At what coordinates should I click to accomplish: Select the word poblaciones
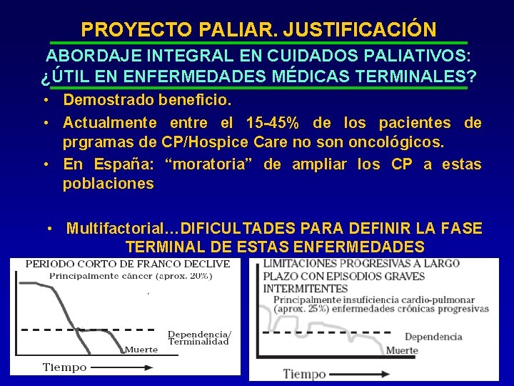(x=108, y=184)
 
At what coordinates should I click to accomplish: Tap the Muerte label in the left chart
(x=141, y=350)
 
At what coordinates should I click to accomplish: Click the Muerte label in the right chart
(x=402, y=350)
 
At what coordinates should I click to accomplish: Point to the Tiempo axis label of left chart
(x=64, y=367)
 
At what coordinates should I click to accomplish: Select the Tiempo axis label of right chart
(x=305, y=373)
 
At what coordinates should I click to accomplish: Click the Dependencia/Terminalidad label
(x=199, y=337)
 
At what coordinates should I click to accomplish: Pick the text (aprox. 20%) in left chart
(x=184, y=275)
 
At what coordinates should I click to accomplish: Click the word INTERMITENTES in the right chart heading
(x=306, y=288)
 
